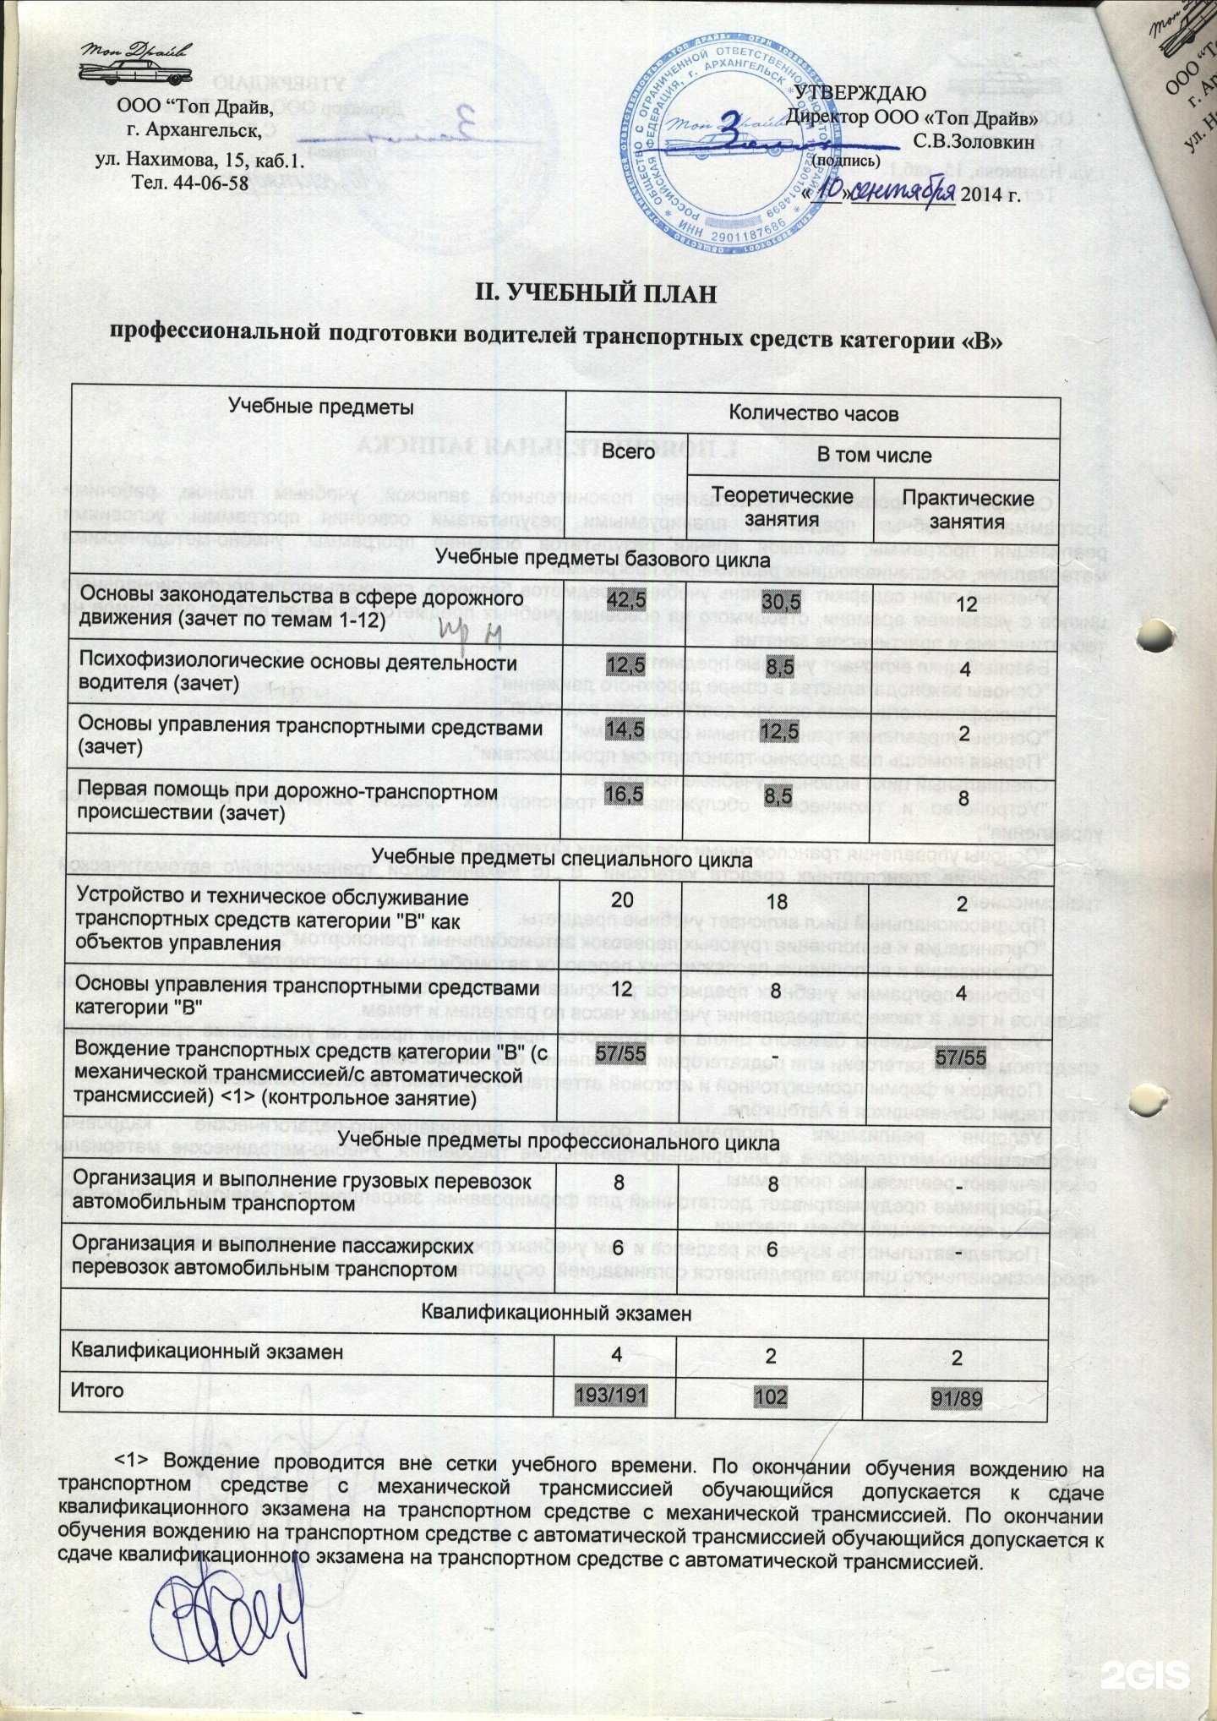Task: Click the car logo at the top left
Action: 136,63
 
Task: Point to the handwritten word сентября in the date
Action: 903,192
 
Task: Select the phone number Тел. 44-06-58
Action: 190,182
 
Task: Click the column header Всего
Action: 628,451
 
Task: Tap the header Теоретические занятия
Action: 783,507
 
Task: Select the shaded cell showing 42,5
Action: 626,600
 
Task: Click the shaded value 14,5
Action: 625,729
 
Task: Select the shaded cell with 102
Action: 770,1396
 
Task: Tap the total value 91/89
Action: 957,1398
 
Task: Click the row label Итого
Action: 96,1390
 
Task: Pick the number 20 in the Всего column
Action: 622,900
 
